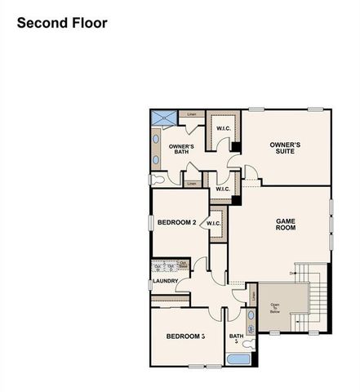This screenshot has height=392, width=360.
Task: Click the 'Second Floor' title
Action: coord(62,23)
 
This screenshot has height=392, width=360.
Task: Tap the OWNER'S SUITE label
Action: coord(285,148)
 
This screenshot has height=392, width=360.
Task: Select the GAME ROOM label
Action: coord(285,225)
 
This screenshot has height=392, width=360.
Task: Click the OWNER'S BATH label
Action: coord(181,149)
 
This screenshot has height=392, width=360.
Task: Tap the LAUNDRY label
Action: coord(165,282)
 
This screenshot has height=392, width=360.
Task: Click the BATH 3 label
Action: coord(236,339)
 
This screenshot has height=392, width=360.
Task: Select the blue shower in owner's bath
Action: coord(160,118)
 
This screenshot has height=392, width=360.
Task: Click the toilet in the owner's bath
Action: coord(156,178)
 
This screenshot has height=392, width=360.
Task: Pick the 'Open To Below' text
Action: coord(275,308)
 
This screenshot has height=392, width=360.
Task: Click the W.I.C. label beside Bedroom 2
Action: coord(214,223)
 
